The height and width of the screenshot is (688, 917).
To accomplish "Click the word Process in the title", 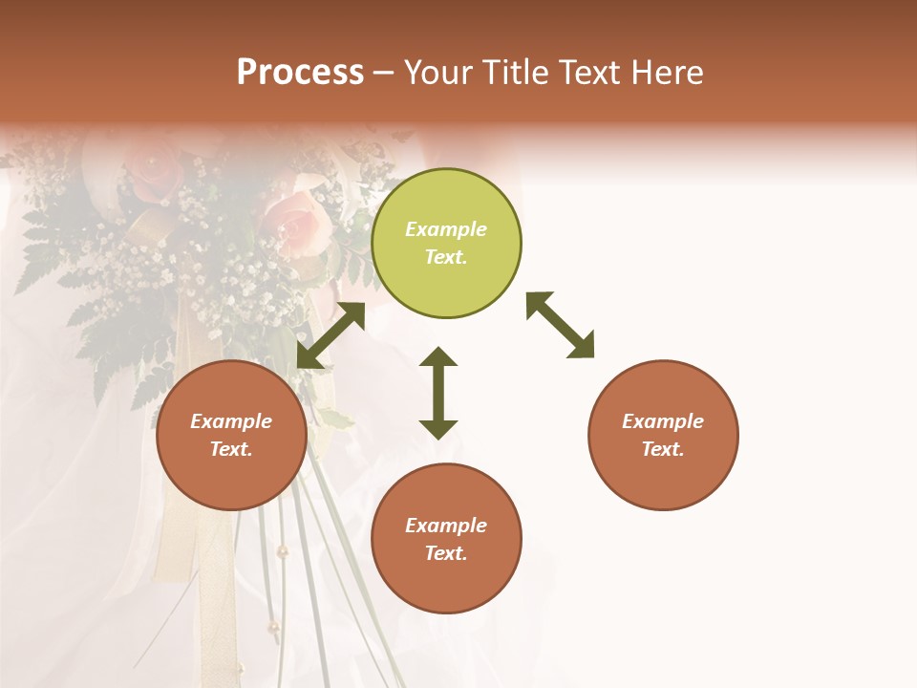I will (300, 73).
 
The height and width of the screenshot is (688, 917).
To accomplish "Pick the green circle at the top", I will (446, 244).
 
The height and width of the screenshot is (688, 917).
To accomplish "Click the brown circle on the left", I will (231, 436).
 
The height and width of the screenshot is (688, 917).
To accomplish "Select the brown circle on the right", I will (663, 436).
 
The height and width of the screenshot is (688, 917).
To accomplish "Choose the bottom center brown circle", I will (446, 539).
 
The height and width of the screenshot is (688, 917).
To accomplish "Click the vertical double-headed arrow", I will (438, 393).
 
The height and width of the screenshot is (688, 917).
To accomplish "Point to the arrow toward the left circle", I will (331, 335).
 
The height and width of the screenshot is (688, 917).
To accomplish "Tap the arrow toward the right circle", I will (560, 325).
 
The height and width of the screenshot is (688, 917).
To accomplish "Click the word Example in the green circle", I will (446, 229).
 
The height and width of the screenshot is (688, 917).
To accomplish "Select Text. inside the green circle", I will (446, 257).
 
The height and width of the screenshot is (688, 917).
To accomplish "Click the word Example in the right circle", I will (663, 421).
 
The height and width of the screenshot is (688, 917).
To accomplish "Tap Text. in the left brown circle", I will (231, 449).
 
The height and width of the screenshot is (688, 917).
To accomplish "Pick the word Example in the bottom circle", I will (446, 526).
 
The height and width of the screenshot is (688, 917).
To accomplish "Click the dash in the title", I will (383, 73).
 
